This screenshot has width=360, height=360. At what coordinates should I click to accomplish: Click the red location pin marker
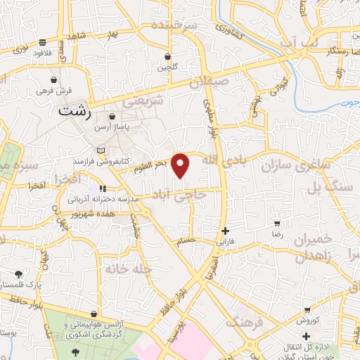pos(181,165)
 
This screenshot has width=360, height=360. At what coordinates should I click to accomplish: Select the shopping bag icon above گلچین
pos(167,57)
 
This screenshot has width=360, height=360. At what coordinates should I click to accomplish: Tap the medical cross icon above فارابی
pos(225,231)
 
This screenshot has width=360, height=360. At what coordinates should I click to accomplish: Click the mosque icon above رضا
pos(277,223)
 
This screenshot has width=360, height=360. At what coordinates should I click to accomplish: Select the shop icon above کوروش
pos(307,310)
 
